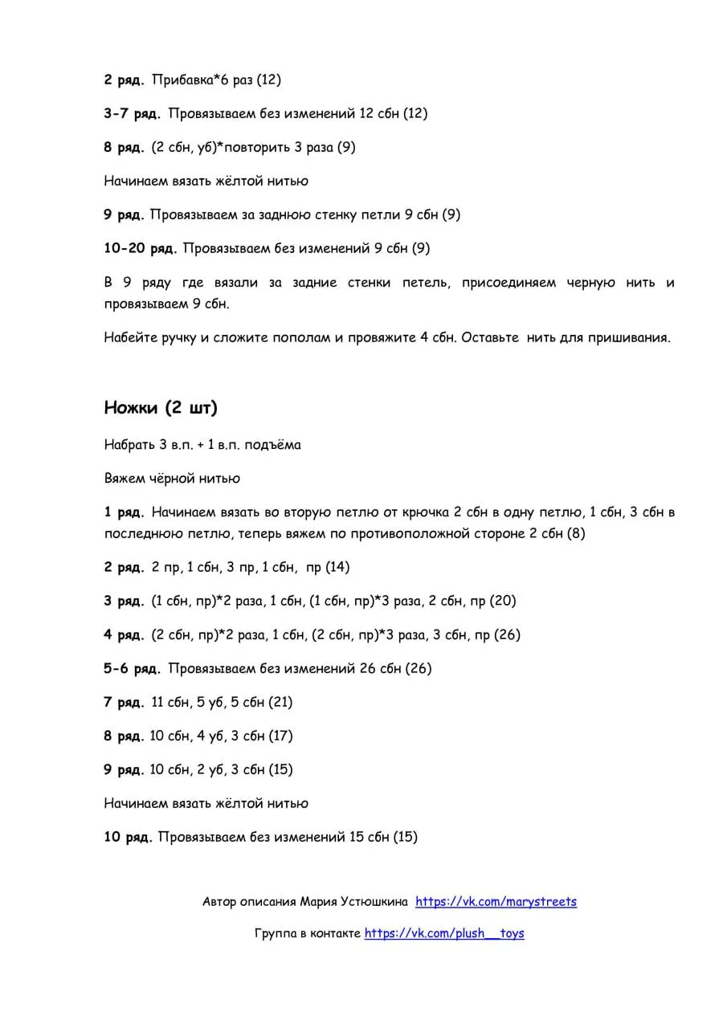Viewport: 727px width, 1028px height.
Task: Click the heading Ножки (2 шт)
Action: pos(161,408)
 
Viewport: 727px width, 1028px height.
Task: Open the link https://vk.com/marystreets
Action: pos(496,902)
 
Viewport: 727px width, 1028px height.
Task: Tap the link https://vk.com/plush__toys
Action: pos(444,933)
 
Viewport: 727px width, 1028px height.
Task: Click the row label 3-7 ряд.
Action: pos(132,114)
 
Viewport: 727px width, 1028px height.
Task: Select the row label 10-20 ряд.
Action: pos(140,249)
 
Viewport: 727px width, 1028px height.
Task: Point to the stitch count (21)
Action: pos(280,702)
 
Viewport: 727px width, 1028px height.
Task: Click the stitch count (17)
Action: pos(280,736)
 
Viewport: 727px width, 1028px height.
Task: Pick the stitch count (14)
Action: pos(337,567)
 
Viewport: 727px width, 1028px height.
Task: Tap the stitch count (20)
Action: pos(503,601)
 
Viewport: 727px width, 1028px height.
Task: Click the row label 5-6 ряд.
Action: pos(132,668)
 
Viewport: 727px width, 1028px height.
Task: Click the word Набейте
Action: pos(129,337)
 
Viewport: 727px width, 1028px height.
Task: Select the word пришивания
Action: pos(629,337)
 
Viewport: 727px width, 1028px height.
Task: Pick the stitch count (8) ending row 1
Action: pos(576,533)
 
